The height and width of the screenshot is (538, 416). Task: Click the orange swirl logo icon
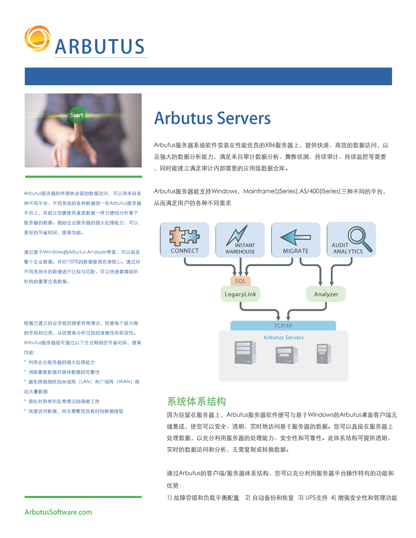[x=37, y=38]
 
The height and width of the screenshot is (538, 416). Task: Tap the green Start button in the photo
[x=77, y=115]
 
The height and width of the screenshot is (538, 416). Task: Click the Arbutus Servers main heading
[x=212, y=118]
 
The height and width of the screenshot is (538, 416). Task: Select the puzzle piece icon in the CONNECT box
[x=184, y=236]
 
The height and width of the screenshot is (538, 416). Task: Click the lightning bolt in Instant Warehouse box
[x=237, y=235]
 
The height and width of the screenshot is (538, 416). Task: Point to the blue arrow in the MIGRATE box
[x=295, y=237]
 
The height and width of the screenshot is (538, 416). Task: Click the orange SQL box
[x=240, y=281]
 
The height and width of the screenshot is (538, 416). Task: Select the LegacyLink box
[x=240, y=294]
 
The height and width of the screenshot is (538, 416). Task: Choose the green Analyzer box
[x=326, y=294]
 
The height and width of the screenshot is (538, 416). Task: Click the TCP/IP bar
[x=283, y=325]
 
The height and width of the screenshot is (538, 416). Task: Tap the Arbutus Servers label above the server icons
[x=283, y=337]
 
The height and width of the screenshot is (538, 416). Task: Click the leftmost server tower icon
[x=245, y=352]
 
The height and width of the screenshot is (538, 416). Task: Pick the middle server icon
[x=287, y=355]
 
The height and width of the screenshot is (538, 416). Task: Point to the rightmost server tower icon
[x=324, y=354]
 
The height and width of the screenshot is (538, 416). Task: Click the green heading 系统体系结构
[x=196, y=402]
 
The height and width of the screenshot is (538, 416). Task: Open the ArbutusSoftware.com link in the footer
[x=58, y=512]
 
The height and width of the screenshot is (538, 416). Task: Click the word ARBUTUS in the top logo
[x=99, y=47]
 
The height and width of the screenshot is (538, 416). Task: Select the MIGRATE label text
[x=296, y=251]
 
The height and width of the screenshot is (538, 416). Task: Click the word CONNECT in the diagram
[x=185, y=251]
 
